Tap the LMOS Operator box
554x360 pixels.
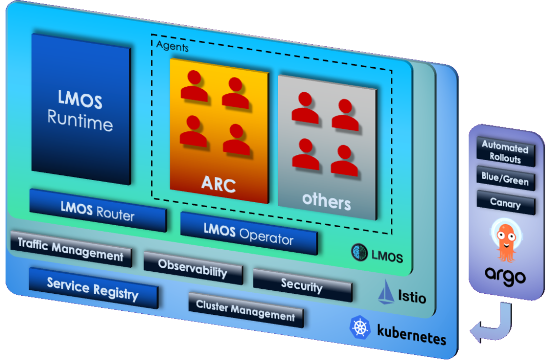[249, 233]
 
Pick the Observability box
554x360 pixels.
[192, 268]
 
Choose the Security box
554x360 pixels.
[302, 285]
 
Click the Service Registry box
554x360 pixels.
[93, 288]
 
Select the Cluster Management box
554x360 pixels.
[246, 310]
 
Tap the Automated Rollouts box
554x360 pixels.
[505, 152]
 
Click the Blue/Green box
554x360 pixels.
[505, 179]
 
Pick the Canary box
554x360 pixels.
[505, 203]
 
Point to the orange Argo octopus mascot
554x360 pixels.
[505, 240]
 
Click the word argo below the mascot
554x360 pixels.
[505, 277]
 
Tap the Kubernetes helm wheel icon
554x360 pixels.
[360, 327]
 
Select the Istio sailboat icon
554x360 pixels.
[386, 294]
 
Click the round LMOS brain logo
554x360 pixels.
[361, 252]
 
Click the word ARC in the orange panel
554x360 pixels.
[219, 185]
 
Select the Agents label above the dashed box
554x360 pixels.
[172, 48]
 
